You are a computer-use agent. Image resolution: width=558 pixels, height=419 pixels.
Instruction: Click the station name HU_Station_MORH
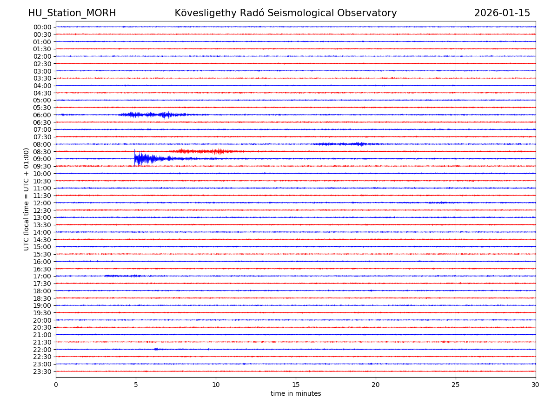point(72,14)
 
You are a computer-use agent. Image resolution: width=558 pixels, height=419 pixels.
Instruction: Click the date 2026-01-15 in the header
point(502,14)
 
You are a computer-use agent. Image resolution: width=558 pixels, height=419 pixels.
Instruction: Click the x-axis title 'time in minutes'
point(296,394)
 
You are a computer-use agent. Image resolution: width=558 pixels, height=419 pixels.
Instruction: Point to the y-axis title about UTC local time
point(27,199)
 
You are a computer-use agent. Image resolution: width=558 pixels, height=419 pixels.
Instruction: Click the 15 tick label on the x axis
point(296,385)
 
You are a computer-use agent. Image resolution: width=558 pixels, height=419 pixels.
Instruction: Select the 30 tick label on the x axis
point(536,385)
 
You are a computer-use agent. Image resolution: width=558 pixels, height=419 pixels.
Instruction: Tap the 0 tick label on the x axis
point(56,385)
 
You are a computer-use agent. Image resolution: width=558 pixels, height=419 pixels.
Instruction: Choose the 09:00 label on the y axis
point(42,159)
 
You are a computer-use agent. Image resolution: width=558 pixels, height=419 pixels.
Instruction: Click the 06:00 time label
point(42,115)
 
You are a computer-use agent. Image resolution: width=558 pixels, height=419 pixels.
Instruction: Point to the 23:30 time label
point(42,372)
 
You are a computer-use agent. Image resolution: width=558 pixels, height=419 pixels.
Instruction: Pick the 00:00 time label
point(42,27)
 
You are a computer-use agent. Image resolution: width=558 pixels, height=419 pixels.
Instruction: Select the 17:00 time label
point(42,276)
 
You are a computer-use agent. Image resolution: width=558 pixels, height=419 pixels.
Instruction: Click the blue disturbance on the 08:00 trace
point(344,144)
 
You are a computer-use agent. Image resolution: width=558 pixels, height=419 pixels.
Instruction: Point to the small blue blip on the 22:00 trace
point(156,349)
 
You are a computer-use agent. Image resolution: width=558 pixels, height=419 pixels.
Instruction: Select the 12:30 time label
point(42,210)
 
